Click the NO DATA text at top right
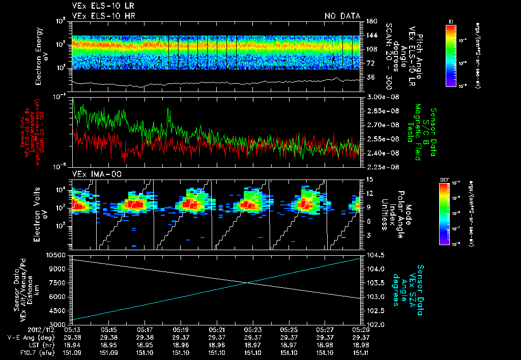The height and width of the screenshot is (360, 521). pos(342,16)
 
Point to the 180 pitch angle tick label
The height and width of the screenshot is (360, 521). pos(371,21)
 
